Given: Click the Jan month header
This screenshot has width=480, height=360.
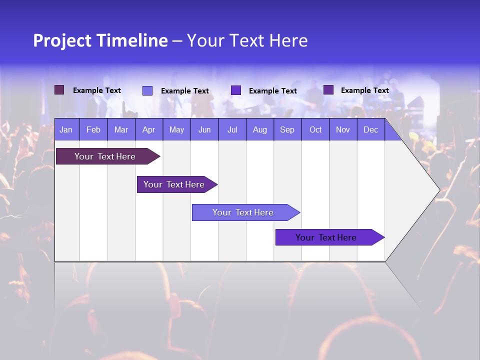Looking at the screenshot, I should pyautogui.click(x=66, y=130).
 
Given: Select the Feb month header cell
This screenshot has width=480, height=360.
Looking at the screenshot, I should pyautogui.click(x=93, y=130).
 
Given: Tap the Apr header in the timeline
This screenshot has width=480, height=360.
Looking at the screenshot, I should pyautogui.click(x=148, y=130).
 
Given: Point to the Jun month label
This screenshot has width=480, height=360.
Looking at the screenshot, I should pyautogui.click(x=204, y=130).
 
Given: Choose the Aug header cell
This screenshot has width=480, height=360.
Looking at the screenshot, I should pyautogui.click(x=259, y=130).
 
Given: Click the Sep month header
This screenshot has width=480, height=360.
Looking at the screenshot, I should pyautogui.click(x=287, y=130).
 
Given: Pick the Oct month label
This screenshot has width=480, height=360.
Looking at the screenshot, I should pyautogui.click(x=315, y=130).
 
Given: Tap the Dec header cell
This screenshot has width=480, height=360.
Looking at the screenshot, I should pyautogui.click(x=370, y=130).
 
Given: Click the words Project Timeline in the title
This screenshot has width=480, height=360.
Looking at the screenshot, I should pyautogui.click(x=100, y=40).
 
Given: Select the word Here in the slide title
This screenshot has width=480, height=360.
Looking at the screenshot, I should pyautogui.click(x=288, y=40).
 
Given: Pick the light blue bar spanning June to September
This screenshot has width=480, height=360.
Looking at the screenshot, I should pyautogui.click(x=243, y=212).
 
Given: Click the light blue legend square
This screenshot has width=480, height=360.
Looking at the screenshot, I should pyautogui.click(x=147, y=90).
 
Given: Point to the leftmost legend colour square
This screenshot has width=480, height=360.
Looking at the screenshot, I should pyautogui.click(x=59, y=90).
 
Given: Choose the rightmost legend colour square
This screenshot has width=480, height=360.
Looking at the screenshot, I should pyautogui.click(x=328, y=90).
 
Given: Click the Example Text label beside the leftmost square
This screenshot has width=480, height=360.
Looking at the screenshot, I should pyautogui.click(x=97, y=90).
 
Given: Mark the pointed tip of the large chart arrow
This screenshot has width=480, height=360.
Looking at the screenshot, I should pyautogui.click(x=439, y=190).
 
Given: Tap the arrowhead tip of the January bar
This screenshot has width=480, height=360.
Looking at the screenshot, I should pyautogui.click(x=159, y=156).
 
